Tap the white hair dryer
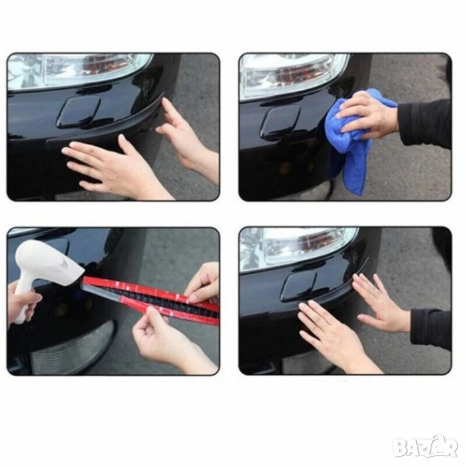coord(45,268)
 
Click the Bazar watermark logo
coord(425,447)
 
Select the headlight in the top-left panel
coord(78,70)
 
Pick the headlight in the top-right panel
coord(293,75)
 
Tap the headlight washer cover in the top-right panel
coord(280,122)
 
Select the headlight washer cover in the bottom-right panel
coord(299,286)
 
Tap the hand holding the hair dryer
coord(22,300)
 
